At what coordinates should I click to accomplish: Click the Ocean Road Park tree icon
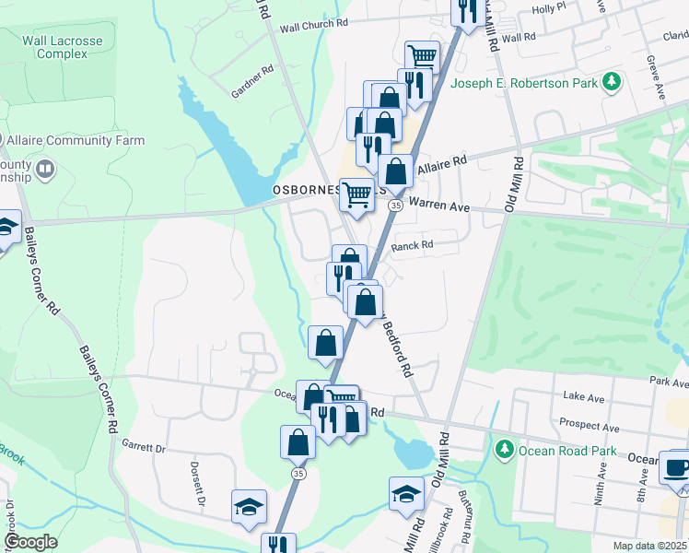(x=504, y=450)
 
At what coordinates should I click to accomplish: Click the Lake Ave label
(x=582, y=397)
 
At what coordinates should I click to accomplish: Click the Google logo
(x=31, y=542)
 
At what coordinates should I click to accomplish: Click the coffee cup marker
(x=677, y=467)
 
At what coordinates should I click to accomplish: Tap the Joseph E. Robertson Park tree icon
(x=610, y=83)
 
